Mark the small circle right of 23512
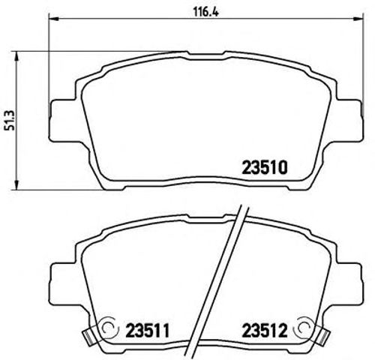tap(303, 327)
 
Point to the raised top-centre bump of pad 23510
tap(199, 53)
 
